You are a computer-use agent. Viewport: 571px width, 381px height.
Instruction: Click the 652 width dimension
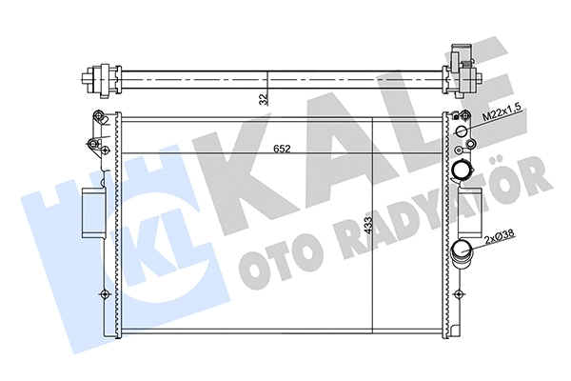point(284,149)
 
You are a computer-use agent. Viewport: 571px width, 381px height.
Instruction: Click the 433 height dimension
point(366,226)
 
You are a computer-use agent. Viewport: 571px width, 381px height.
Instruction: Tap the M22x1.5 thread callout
point(502,115)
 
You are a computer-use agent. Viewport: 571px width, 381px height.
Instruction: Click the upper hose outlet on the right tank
point(462,171)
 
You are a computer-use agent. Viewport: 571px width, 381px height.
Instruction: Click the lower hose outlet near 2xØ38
point(462,254)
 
